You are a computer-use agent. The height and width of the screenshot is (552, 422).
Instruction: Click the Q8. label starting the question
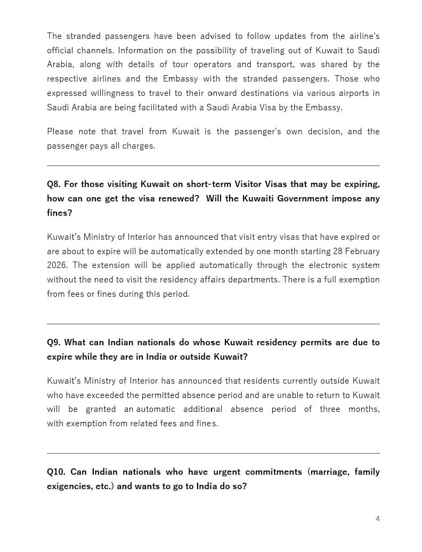coord(54,184)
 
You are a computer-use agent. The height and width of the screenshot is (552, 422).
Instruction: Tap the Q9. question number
coord(54,343)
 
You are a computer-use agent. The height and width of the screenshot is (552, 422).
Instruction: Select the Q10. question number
coord(56,472)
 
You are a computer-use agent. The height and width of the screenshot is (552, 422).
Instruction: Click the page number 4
coord(378,518)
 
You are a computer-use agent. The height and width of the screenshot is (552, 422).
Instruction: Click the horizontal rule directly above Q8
coord(213,166)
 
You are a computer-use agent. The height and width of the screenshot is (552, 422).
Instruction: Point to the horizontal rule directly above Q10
coord(213,453)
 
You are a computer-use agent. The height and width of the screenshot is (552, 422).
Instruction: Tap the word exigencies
coord(69,486)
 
